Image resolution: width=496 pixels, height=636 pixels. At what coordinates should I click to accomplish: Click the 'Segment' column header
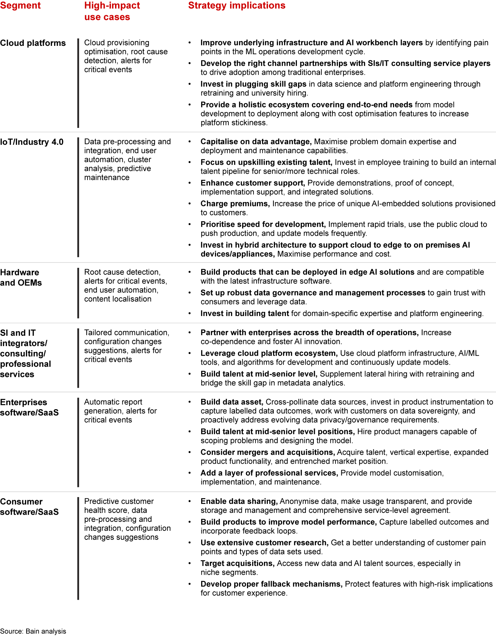(20, 6)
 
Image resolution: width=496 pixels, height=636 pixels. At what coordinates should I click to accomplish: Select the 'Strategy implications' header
(237, 6)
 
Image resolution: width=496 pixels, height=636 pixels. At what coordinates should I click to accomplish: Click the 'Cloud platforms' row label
(33, 43)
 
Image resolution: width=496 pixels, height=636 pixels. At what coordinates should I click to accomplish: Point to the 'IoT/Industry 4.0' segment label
(32, 142)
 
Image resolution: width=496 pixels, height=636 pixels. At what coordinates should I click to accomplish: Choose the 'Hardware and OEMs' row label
(21, 277)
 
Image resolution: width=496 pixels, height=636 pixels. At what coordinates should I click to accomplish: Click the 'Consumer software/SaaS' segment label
(29, 507)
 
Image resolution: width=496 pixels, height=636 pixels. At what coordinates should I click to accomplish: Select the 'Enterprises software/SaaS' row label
(29, 407)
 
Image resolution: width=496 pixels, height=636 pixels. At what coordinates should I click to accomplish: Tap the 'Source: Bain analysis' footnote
(33, 631)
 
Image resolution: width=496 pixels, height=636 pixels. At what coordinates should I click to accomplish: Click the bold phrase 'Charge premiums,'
(235, 204)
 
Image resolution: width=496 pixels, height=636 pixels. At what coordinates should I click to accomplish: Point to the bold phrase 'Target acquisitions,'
(237, 563)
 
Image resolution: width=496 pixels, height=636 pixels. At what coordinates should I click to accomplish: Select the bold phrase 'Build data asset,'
(232, 402)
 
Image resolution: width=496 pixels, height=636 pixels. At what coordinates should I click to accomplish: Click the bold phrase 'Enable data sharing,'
(239, 501)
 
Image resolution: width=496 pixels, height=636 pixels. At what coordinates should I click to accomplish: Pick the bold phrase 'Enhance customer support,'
(252, 183)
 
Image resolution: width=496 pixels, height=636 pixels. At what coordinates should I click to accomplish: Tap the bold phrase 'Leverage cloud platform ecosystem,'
(269, 353)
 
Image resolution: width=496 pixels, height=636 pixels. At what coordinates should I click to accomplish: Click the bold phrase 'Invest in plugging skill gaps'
(253, 84)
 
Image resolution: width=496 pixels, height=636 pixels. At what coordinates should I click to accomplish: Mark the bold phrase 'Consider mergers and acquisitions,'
(268, 452)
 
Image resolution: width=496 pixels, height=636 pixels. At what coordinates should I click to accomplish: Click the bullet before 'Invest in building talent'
(189, 313)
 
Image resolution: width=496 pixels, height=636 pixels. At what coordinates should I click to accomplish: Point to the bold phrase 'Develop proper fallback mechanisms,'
(271, 584)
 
